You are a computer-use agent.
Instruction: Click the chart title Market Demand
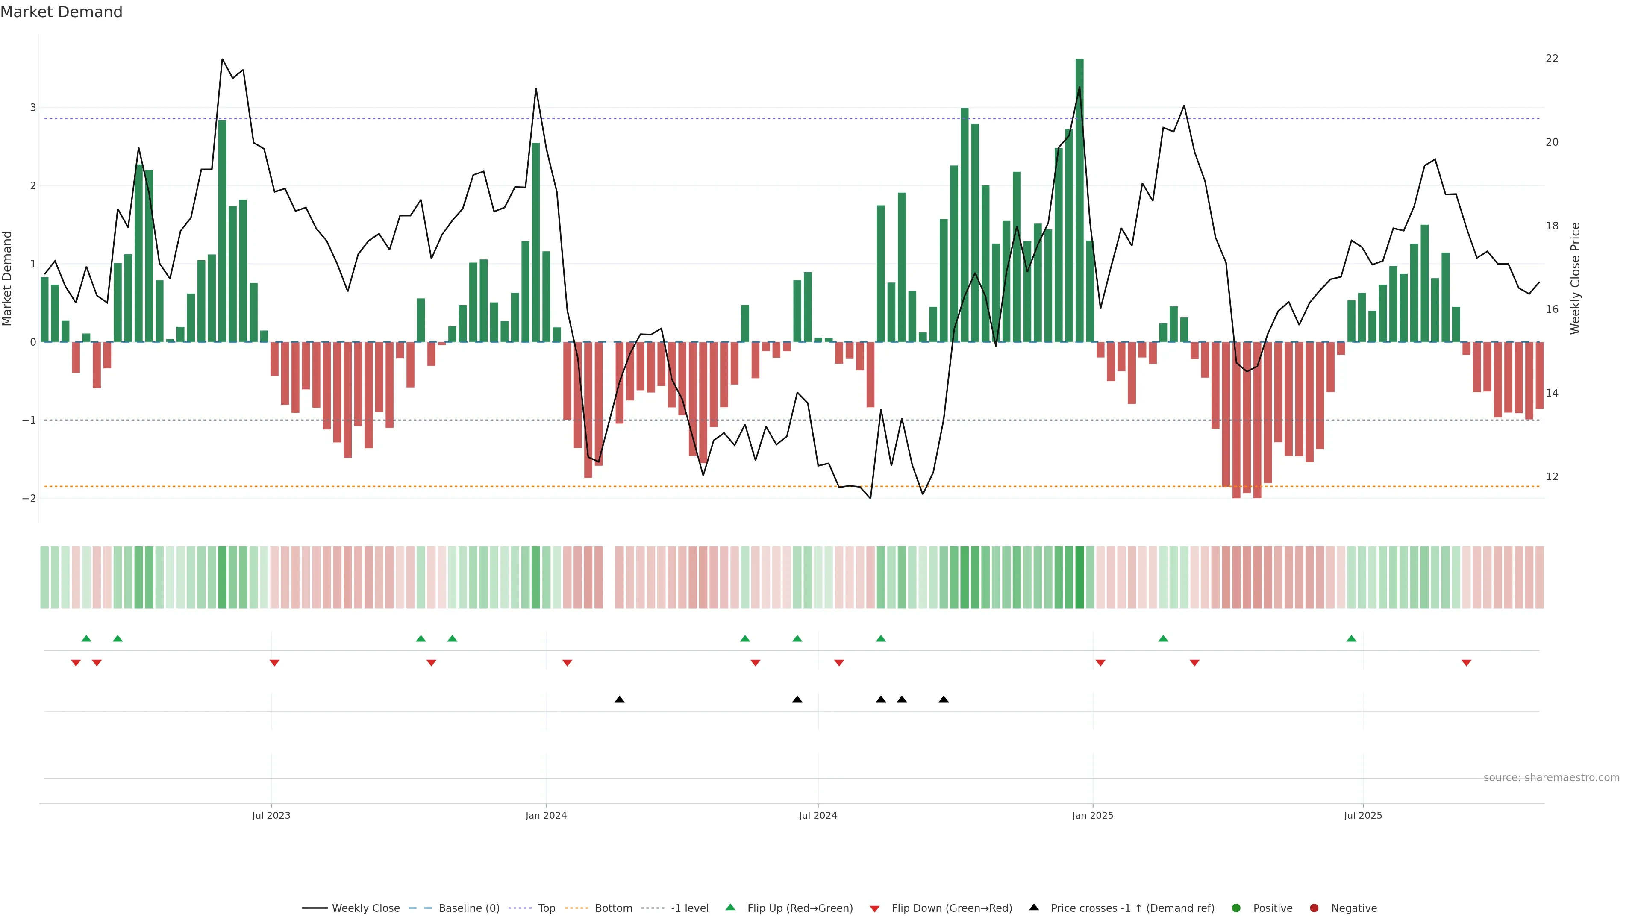point(61,12)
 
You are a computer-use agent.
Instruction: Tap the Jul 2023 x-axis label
point(271,815)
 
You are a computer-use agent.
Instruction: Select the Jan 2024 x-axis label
point(546,815)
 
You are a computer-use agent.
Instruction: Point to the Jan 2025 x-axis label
point(1093,815)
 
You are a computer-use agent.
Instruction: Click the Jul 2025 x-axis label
point(1363,815)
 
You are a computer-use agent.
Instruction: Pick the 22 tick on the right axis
point(1552,59)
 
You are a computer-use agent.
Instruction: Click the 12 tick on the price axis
point(1552,476)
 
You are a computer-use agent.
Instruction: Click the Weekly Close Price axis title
point(1575,278)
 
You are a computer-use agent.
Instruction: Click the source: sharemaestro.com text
point(1551,778)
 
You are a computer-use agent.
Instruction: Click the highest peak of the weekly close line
point(222,59)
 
